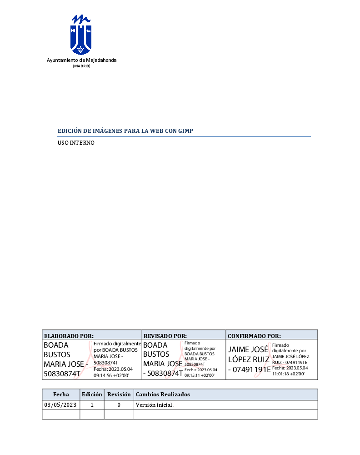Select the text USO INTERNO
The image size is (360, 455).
(x=76, y=143)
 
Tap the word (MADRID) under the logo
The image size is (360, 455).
(x=82, y=66)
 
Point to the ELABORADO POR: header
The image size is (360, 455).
(x=69, y=336)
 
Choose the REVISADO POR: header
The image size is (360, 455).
(x=165, y=336)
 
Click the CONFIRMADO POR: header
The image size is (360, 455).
(x=254, y=336)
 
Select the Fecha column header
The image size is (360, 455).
(x=61, y=394)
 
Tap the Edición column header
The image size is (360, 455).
(x=92, y=394)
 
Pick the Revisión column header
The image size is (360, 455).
(x=119, y=394)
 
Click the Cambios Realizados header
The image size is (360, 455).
(x=163, y=394)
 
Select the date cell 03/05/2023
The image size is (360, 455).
(x=60, y=405)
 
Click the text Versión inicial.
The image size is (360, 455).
(x=155, y=405)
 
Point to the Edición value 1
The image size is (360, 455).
(x=92, y=405)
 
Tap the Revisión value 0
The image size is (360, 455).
(x=119, y=405)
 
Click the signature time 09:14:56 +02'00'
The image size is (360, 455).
(x=111, y=376)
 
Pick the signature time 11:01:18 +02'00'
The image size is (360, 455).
(x=288, y=374)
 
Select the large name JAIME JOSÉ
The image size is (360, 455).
(x=248, y=350)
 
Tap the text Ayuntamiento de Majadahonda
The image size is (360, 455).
(x=82, y=61)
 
